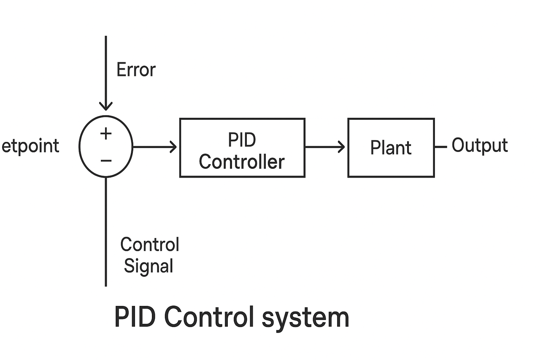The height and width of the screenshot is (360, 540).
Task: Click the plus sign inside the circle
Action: [106, 134]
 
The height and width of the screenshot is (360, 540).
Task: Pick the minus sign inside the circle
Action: [106, 161]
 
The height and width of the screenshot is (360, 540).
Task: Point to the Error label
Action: [136, 70]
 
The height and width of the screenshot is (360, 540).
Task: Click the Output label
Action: [480, 146]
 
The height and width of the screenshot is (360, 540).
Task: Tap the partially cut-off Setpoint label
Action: [30, 146]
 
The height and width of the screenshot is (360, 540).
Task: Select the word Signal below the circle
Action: [148, 266]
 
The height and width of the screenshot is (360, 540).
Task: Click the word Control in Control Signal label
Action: [150, 245]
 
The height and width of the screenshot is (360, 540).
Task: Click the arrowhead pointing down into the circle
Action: [106, 106]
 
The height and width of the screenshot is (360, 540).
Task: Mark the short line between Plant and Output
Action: [440, 147]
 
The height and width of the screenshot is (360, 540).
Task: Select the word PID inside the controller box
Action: [242, 140]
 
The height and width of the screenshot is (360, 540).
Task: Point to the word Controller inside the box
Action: [242, 162]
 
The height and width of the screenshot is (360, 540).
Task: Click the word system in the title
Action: [305, 317]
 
